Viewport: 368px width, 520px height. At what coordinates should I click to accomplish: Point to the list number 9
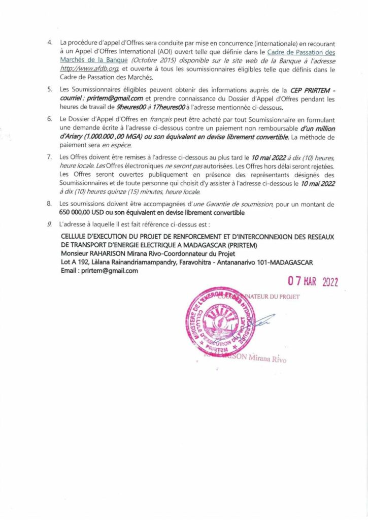[x=50, y=224]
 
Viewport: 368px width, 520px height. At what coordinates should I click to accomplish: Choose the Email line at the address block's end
[x=99, y=271]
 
